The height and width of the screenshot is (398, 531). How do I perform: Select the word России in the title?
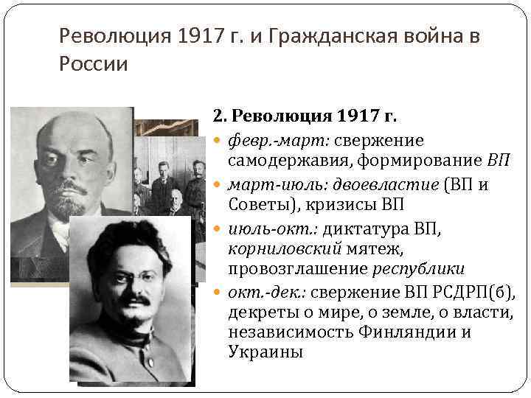(x=93, y=64)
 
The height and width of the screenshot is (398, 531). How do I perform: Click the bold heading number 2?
(x=218, y=116)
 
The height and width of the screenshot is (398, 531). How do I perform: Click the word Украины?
(x=265, y=352)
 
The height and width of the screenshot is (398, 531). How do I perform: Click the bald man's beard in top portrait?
(x=69, y=203)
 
